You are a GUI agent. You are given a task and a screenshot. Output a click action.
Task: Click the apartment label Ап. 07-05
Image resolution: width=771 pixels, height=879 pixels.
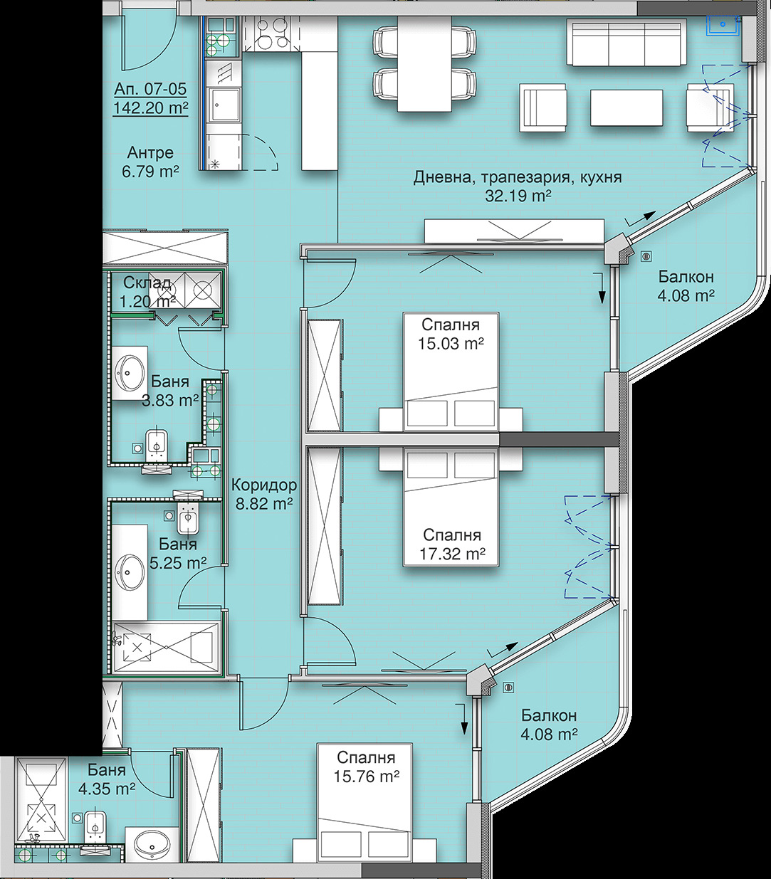click(150, 89)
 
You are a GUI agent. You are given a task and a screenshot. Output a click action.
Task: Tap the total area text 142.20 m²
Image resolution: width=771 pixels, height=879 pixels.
click(151, 107)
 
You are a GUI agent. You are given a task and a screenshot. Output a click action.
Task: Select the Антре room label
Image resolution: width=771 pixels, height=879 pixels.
click(150, 153)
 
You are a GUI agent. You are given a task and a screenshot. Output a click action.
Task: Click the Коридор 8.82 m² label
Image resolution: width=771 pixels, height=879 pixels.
click(264, 494)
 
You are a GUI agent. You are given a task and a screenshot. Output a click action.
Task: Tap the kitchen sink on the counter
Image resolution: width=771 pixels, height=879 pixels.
click(225, 105)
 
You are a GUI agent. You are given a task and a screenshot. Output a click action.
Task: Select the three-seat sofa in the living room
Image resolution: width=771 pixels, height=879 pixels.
click(626, 43)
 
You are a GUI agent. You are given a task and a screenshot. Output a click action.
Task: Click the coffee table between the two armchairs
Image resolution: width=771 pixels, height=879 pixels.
click(626, 108)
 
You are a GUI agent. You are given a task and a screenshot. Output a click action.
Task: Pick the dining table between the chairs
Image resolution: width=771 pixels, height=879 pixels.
click(425, 64)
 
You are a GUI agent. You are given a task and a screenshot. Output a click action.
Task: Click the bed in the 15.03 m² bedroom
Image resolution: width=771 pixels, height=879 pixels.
click(451, 372)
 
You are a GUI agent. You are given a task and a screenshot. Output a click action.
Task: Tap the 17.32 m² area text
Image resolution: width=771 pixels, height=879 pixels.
click(452, 554)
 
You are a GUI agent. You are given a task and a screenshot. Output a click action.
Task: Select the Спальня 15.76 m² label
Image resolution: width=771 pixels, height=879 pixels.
click(366, 767)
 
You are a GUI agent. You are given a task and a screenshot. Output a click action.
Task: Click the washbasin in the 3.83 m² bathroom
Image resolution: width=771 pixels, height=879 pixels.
click(129, 373)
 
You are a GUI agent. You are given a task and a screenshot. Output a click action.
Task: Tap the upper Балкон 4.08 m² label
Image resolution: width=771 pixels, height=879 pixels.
click(686, 286)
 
